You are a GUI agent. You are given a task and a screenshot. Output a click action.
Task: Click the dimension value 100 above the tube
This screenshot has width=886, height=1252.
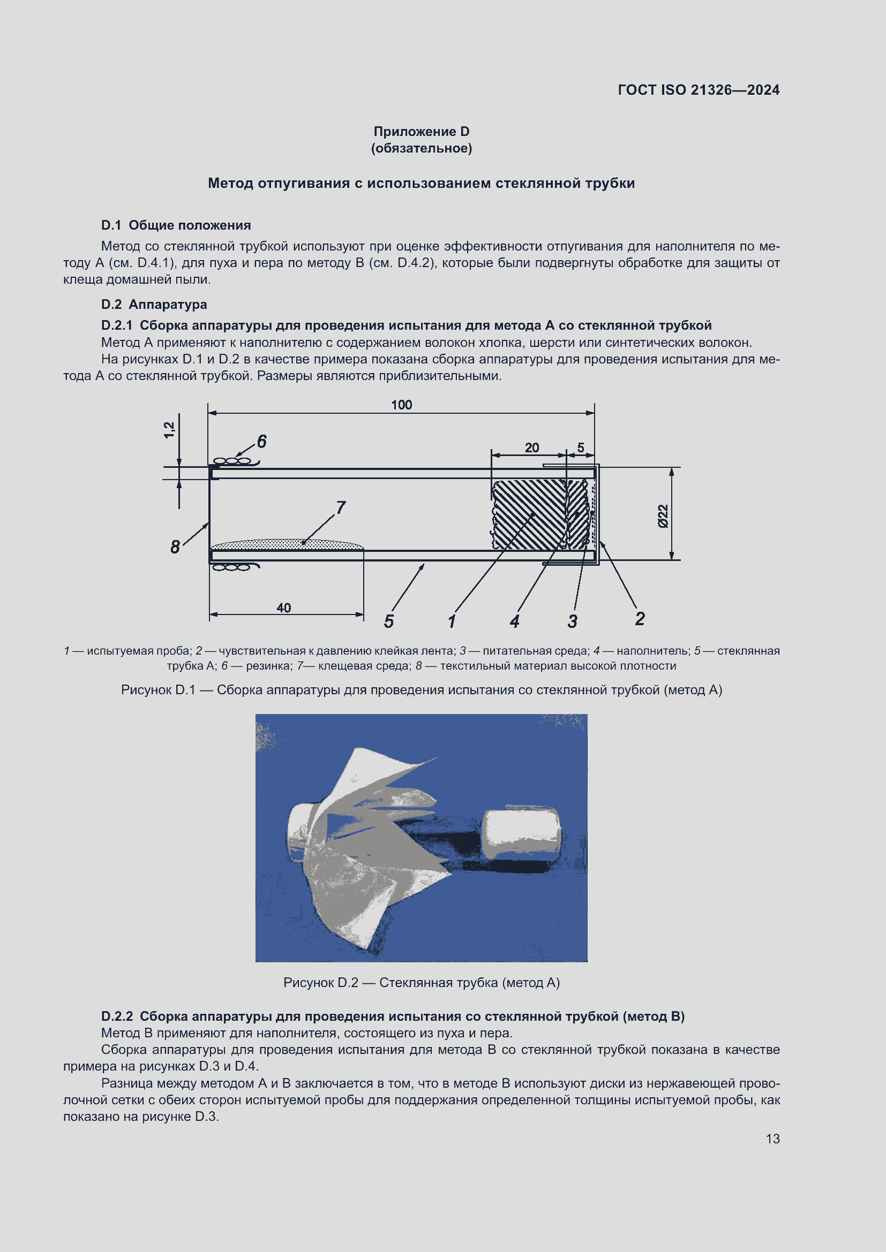pos(402,405)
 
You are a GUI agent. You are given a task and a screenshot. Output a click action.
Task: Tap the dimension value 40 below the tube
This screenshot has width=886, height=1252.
pos(284,608)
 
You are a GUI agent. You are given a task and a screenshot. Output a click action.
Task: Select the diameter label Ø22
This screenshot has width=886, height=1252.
pos(663,516)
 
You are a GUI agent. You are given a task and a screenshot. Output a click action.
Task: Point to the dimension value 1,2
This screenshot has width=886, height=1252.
pos(170,430)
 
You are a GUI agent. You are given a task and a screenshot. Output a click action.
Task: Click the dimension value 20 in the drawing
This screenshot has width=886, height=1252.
pos(532,447)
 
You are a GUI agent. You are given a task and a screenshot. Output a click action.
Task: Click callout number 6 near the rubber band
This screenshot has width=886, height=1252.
pos(262,441)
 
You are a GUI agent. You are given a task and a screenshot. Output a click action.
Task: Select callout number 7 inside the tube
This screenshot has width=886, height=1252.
pos(341,507)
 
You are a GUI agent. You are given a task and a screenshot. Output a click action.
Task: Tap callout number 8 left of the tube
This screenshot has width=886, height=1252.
pos(175,547)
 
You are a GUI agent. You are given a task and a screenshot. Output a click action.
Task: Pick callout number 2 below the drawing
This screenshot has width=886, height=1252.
pos(640,618)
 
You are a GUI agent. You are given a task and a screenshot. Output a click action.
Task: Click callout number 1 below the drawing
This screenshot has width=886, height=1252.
pos(452,621)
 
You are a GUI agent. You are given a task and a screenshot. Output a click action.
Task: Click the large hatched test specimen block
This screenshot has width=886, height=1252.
pos(528,514)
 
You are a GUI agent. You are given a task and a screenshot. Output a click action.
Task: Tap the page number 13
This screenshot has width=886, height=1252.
pos(772,1139)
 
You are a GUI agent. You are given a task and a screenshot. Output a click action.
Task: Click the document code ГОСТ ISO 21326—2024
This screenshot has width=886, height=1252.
pos(699,90)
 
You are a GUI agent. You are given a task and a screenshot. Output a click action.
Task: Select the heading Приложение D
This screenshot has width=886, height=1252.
pos(421,132)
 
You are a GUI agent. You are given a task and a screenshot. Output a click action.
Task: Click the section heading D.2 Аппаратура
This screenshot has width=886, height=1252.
pos(154,304)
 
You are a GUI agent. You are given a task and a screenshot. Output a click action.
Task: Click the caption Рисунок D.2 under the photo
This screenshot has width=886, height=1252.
pos(421,983)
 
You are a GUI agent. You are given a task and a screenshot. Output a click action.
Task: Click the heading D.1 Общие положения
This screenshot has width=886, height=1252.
pos(176,225)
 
